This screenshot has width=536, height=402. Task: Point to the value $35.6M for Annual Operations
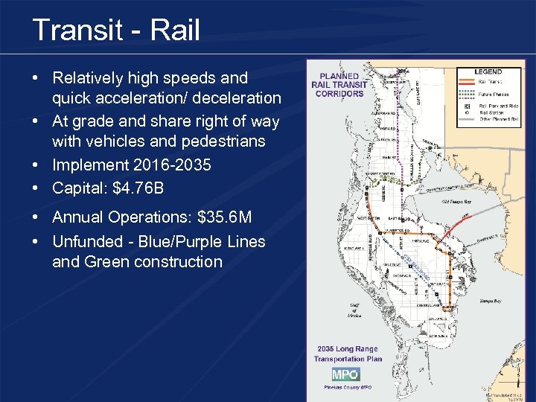(224, 217)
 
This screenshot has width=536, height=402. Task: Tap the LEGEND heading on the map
(489, 71)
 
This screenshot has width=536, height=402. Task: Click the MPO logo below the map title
(345, 374)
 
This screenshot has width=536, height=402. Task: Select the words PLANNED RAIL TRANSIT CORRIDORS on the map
(339, 85)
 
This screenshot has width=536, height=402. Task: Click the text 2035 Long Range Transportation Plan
(348, 354)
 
